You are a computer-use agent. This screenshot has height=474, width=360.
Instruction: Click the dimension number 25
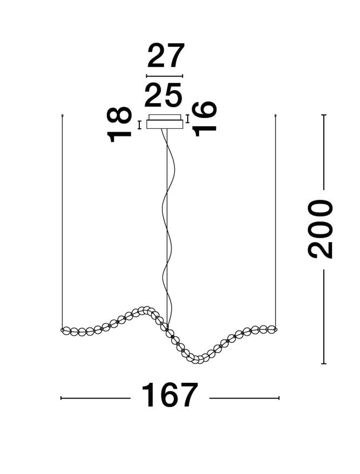pos(164,95)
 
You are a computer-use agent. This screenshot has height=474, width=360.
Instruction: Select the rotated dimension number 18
pos(119,124)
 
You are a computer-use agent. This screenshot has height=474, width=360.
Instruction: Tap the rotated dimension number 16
pos(205,119)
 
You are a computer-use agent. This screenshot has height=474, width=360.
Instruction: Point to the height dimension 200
pos(320,229)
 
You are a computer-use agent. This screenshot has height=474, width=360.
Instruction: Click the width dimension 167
pos(169,395)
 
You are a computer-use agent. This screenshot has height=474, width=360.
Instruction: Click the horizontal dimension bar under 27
pos(165,76)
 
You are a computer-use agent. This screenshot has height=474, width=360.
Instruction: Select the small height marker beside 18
pos(139,125)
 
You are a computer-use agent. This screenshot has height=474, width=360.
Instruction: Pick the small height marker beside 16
pos(188,119)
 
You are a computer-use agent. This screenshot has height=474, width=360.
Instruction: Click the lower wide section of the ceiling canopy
pos(165,124)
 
